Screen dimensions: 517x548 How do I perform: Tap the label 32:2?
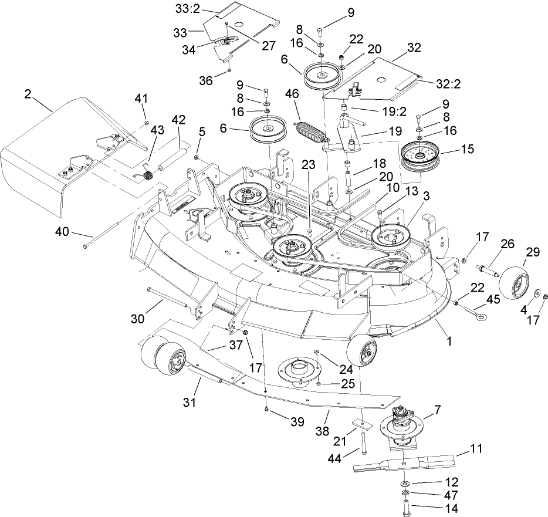tap(448, 83)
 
